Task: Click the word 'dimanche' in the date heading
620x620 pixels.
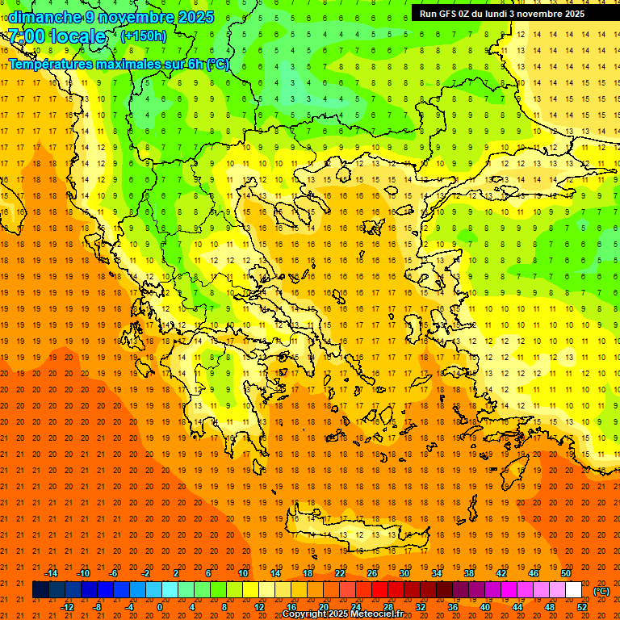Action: (x=43, y=17)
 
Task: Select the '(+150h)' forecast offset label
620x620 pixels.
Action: (x=144, y=36)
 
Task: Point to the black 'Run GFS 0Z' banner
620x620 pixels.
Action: (x=508, y=13)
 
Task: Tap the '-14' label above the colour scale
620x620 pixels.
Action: (x=51, y=573)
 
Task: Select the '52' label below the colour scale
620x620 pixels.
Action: (x=582, y=606)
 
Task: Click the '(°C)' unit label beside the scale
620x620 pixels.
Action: (x=601, y=590)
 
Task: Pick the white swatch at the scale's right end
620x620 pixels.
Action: (x=574, y=590)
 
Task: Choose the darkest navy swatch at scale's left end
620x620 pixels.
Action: (x=40, y=590)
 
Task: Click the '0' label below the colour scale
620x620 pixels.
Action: (x=160, y=606)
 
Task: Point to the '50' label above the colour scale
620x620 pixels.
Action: (x=566, y=573)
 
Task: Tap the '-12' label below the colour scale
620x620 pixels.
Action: (x=68, y=606)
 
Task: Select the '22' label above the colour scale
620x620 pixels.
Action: (x=340, y=573)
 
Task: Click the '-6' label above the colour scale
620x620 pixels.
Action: (x=114, y=573)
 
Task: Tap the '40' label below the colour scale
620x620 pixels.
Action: (x=485, y=606)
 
